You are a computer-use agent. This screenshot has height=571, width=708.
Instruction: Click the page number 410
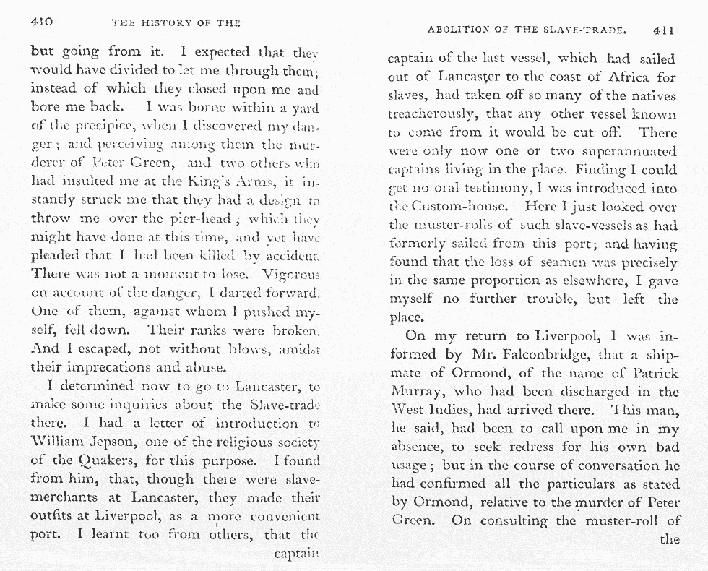coord(42,22)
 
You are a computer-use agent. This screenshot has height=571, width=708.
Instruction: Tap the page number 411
coord(662,30)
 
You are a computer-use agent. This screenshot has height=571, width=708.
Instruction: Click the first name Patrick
coord(654,374)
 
